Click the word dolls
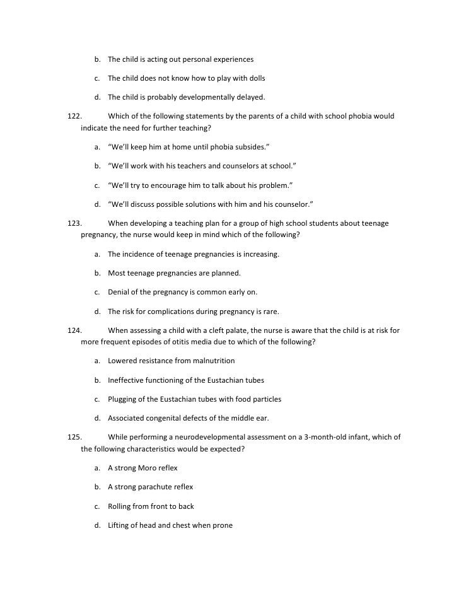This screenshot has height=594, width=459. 255,78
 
